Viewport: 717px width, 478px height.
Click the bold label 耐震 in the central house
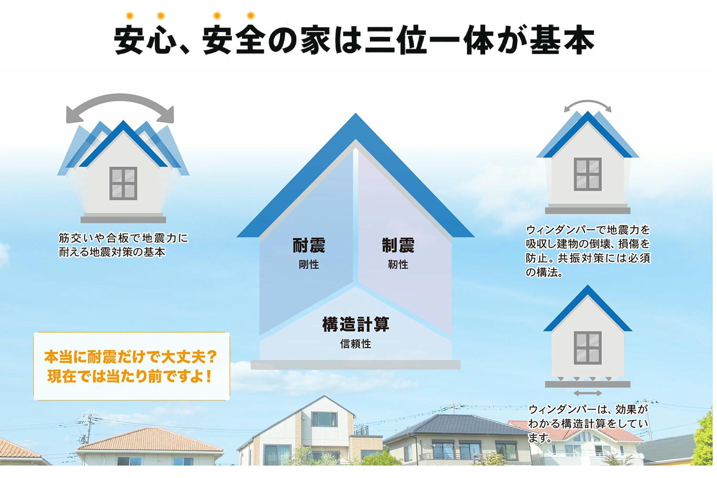(309, 246)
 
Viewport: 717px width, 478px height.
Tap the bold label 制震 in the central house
(398, 246)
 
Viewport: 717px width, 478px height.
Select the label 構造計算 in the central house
(356, 324)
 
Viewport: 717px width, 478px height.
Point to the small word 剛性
(309, 264)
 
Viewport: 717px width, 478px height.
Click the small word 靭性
(398, 264)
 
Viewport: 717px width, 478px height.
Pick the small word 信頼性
(356, 344)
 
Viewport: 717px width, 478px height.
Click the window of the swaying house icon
(123, 184)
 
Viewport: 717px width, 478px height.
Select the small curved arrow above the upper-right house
(587, 102)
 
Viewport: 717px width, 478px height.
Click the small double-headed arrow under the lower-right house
(587, 393)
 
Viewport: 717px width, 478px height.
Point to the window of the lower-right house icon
(587, 348)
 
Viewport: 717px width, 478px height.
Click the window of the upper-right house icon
(587, 174)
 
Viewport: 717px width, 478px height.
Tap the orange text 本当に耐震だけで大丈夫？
(131, 357)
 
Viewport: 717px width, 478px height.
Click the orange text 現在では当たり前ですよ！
(130, 376)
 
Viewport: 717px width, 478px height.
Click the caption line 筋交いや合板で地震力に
(123, 238)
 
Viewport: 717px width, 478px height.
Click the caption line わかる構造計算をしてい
(587, 424)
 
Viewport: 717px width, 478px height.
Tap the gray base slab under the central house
(355, 365)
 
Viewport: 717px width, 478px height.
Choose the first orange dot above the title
(130, 15)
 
